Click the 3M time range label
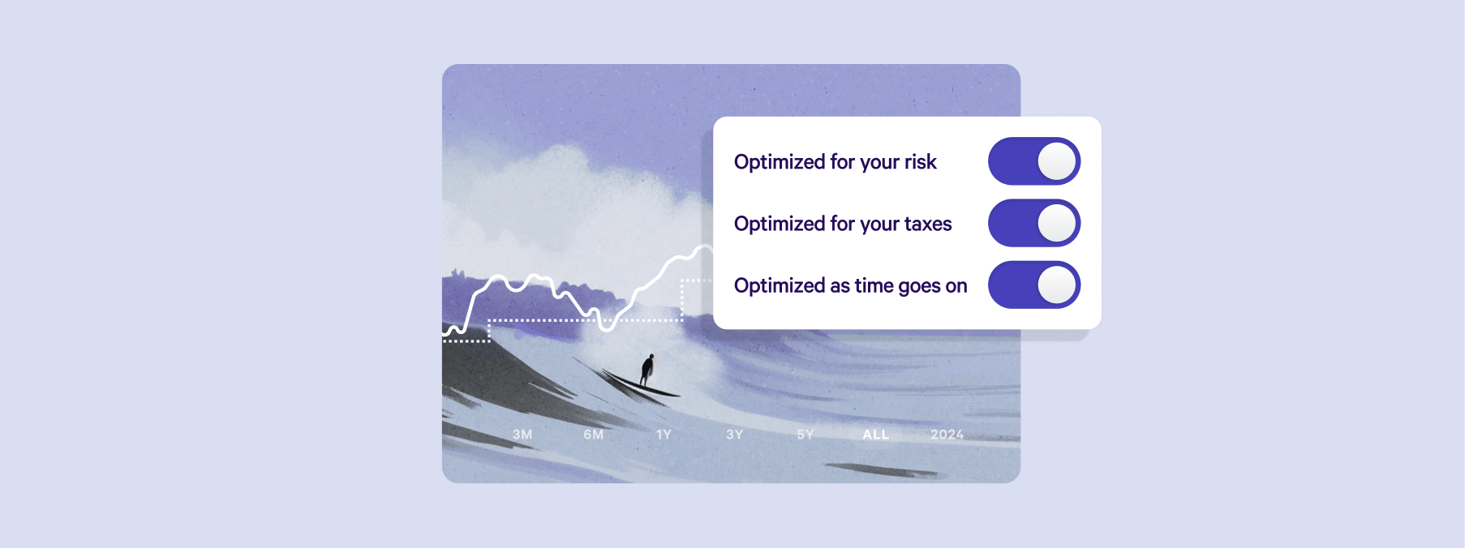click(x=522, y=435)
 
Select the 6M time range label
click(x=594, y=435)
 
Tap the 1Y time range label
click(x=664, y=435)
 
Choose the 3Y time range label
click(x=735, y=435)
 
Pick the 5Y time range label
click(x=806, y=435)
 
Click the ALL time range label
click(x=876, y=435)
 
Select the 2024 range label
click(x=947, y=435)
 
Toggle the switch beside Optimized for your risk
click(x=1034, y=161)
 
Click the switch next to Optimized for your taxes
click(x=1034, y=223)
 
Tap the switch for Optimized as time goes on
click(x=1034, y=285)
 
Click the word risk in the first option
click(x=921, y=162)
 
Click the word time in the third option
click(x=874, y=285)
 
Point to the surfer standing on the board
click(x=647, y=370)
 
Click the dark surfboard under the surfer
click(x=641, y=383)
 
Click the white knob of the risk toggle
click(x=1056, y=161)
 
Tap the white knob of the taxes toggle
click(x=1056, y=223)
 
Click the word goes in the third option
click(x=919, y=287)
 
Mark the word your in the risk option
click(x=880, y=164)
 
